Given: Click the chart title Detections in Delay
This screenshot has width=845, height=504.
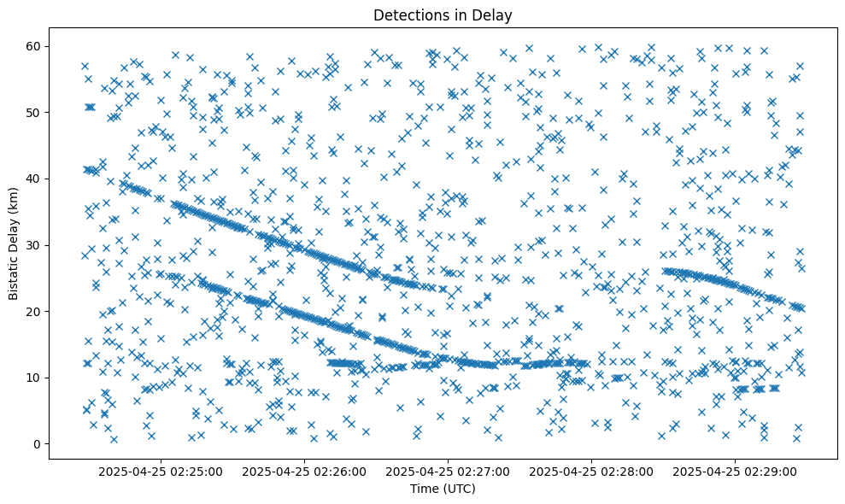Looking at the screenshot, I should point(443,15).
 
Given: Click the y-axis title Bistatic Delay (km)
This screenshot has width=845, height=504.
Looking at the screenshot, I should point(15,242).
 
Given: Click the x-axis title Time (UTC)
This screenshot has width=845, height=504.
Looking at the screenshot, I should point(443,489).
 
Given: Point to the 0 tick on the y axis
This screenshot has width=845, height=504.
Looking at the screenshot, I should point(38,444).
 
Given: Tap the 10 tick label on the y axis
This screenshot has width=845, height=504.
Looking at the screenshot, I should point(35,378).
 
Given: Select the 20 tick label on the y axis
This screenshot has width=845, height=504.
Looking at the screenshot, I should point(35,311).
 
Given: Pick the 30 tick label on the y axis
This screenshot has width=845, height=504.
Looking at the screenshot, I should point(35,245).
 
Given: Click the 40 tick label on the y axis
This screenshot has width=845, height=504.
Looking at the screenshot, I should point(35,179).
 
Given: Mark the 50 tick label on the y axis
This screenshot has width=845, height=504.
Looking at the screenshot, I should point(35,112).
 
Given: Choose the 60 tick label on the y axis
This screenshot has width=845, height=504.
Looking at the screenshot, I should point(35,46).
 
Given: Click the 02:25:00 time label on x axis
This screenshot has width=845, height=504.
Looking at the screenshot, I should point(161,471).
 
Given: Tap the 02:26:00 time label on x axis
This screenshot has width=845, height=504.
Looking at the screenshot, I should point(304,471).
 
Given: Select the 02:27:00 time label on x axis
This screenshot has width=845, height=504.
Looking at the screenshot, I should point(449,471).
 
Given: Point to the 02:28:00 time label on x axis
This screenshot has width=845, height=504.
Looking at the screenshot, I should point(592,471).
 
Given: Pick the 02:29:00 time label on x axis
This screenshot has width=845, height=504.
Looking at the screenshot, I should point(736,471).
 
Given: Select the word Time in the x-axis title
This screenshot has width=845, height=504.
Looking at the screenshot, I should point(424,489).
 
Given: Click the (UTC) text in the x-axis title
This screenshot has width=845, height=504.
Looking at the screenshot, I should point(458,489).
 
